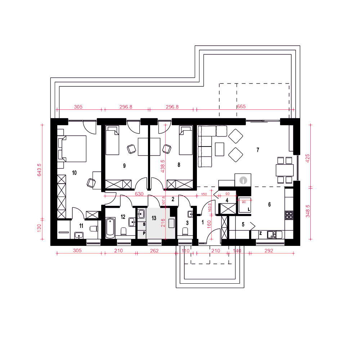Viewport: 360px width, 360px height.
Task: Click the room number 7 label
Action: (258, 150)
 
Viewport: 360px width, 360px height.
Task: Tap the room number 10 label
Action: (74, 173)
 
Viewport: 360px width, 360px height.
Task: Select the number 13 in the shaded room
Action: (154, 218)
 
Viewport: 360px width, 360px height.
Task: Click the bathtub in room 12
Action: (110, 228)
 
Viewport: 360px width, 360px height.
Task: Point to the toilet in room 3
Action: (185, 231)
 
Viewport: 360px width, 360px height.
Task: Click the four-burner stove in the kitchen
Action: (289, 215)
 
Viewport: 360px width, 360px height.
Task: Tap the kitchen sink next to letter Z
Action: (275, 235)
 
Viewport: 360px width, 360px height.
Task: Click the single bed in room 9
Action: (112, 140)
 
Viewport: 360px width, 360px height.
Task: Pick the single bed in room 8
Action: (186, 140)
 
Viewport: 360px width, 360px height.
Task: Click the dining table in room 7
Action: (285, 170)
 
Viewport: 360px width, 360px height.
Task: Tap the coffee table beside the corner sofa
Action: (220, 149)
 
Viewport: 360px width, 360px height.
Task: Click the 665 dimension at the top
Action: (241, 107)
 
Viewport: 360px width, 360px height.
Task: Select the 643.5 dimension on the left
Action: (39, 170)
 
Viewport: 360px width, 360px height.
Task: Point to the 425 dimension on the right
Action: (308, 158)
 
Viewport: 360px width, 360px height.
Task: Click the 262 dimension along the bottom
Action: (154, 251)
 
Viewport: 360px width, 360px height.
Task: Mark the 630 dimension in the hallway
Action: (139, 194)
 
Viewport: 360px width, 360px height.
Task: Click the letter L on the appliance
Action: (249, 210)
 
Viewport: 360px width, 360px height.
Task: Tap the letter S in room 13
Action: (144, 224)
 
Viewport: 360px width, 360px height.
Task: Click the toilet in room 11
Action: (94, 229)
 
